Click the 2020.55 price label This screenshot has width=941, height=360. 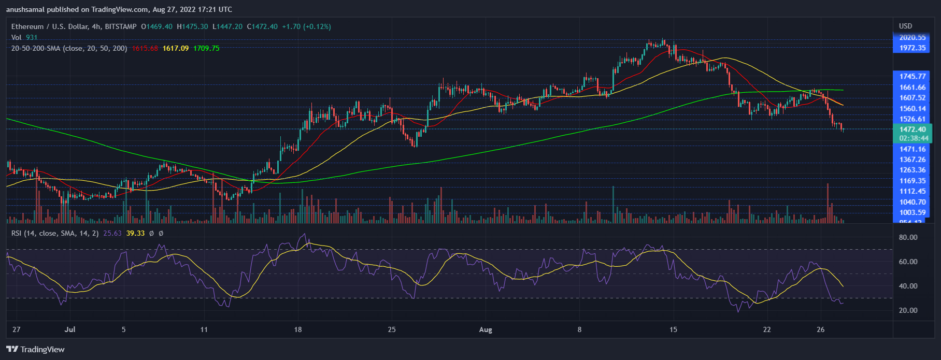(x=912, y=37)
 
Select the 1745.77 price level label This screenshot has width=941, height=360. (x=912, y=76)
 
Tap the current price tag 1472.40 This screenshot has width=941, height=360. (x=912, y=129)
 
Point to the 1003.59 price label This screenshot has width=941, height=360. (x=912, y=212)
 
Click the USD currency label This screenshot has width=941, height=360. (x=905, y=26)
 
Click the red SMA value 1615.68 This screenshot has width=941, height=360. (x=145, y=48)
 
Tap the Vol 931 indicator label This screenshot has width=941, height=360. (x=24, y=37)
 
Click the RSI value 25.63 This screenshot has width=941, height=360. (x=112, y=233)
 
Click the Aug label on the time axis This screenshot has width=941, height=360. (x=486, y=329)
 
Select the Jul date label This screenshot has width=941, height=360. (x=70, y=329)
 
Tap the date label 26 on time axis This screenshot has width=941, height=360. (x=820, y=329)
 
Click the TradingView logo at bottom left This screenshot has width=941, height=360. (x=35, y=349)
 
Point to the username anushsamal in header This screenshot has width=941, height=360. (x=27, y=9)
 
